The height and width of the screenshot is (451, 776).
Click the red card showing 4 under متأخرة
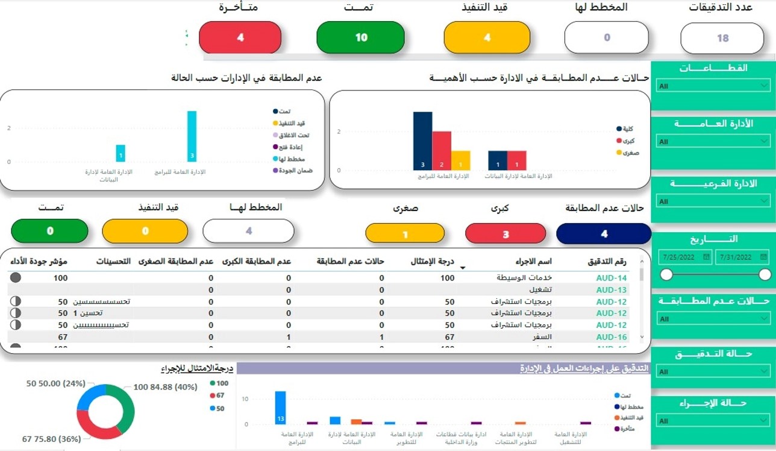[240, 37]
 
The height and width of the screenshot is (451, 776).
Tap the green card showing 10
[360, 37]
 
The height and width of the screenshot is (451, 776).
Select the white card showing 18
[722, 38]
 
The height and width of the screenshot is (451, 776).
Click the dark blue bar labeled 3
[422, 141]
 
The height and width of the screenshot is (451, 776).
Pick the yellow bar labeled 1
[460, 160]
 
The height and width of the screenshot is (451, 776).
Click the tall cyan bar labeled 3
[192, 136]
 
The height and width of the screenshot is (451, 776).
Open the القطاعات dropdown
[713, 86]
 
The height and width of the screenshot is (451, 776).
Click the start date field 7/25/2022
[684, 257]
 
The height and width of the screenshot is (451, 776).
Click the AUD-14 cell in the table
[611, 278]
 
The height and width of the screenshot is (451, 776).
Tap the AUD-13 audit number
[611, 290]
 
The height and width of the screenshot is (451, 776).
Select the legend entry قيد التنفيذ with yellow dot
[290, 123]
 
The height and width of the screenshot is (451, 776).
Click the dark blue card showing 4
[604, 234]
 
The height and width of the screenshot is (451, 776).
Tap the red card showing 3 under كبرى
[505, 234]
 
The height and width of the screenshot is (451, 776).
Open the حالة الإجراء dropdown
[713, 421]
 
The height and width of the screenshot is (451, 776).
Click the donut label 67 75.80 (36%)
[51, 439]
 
